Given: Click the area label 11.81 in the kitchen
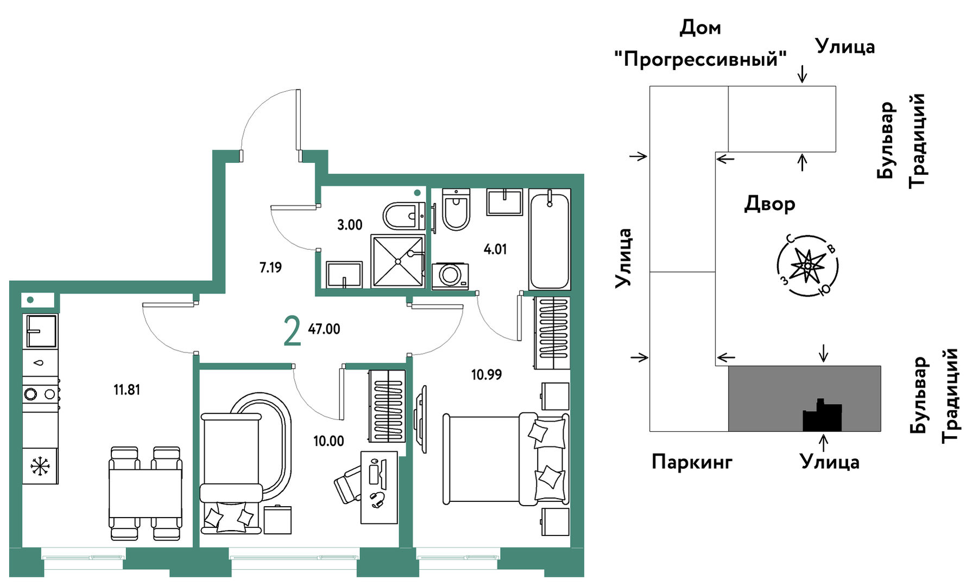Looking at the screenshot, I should [x=127, y=390].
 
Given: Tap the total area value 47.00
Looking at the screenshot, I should [x=324, y=329].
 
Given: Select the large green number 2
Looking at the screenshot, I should [x=292, y=331].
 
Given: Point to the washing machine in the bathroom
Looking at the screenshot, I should [x=450, y=275].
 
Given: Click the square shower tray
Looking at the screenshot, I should [x=397, y=261].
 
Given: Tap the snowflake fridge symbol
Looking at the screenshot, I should [x=40, y=466].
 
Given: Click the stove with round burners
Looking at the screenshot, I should [x=40, y=394].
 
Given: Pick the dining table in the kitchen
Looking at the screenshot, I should [x=145, y=493].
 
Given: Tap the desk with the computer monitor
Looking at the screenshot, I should [x=379, y=487].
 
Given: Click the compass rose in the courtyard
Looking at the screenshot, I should [x=807, y=266].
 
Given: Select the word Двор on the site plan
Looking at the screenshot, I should [x=769, y=204].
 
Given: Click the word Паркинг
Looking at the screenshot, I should [x=692, y=462].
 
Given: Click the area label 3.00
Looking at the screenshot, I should [x=350, y=225].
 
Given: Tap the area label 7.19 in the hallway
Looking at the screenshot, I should [x=270, y=267].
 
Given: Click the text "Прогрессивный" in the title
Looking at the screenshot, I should [x=700, y=59].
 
